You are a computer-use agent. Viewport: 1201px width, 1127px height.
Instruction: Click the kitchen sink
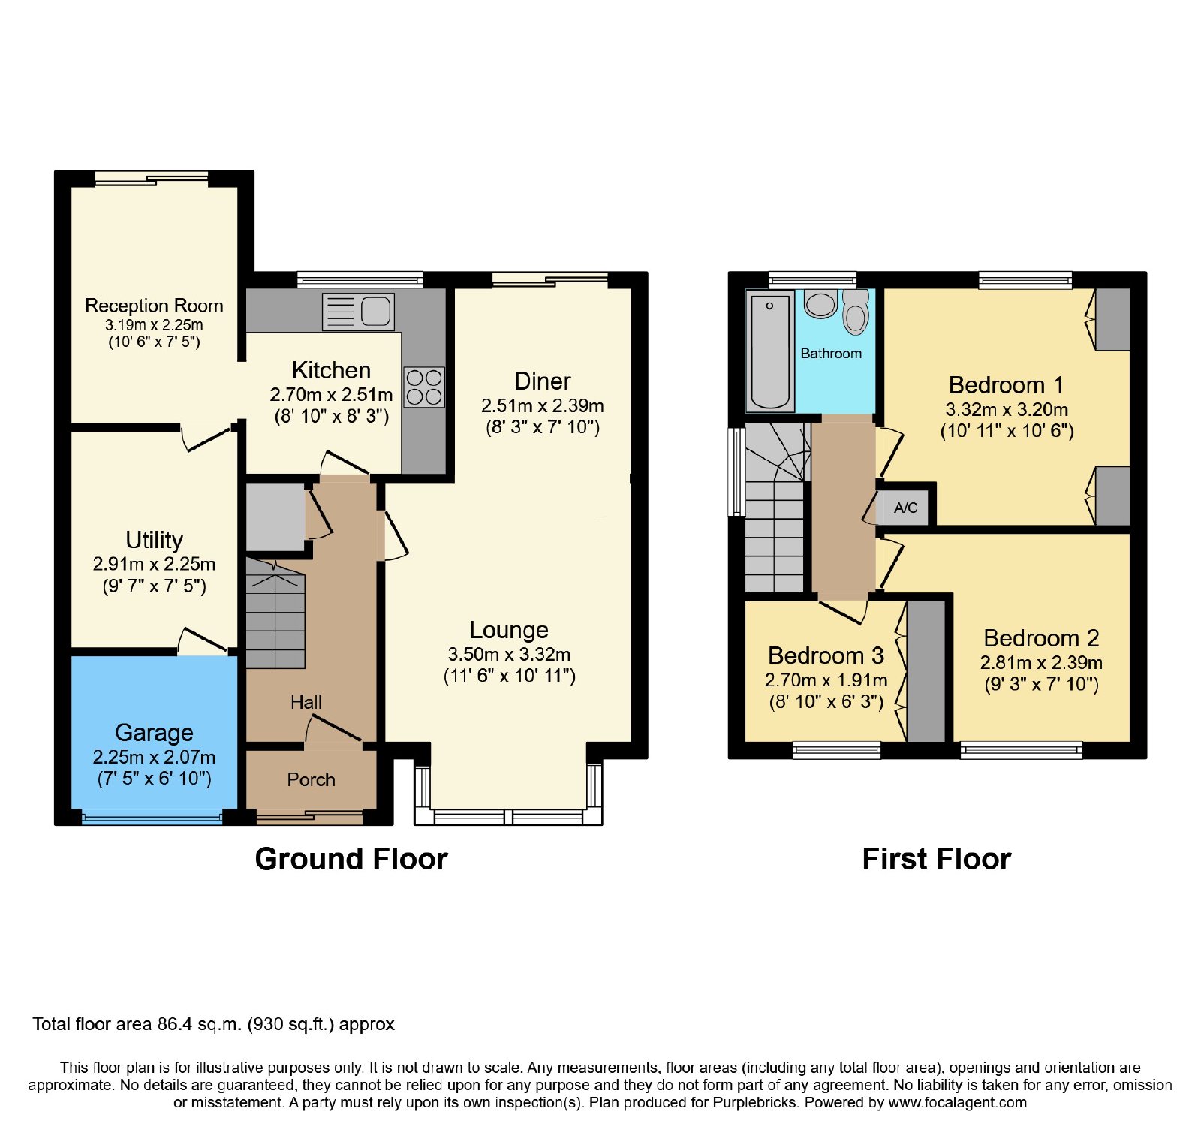click(358, 312)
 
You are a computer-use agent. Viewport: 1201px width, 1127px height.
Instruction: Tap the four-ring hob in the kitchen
click(424, 387)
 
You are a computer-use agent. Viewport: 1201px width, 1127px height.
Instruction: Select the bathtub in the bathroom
click(770, 351)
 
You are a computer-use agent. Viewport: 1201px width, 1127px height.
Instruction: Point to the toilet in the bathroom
click(856, 312)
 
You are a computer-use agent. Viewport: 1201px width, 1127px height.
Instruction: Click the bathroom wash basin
click(821, 303)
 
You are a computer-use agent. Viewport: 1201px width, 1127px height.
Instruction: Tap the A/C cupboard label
click(906, 508)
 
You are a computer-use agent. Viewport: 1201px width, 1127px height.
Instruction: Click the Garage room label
click(154, 732)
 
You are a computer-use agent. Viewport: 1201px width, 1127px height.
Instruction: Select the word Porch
click(311, 779)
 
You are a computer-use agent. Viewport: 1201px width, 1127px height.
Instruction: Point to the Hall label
click(306, 702)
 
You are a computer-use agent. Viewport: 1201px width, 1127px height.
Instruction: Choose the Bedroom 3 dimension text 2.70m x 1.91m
click(826, 680)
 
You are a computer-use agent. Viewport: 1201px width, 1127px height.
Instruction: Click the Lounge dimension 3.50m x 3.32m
click(509, 654)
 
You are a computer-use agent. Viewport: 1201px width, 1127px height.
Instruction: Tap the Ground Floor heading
click(351, 859)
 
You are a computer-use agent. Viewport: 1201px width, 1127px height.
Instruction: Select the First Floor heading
click(937, 859)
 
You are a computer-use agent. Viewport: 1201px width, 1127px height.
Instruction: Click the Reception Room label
click(154, 306)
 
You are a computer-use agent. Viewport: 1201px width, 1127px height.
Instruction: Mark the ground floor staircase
click(275, 613)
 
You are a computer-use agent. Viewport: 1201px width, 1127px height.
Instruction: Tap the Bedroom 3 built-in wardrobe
click(926, 671)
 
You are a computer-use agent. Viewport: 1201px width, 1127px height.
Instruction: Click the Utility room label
click(154, 540)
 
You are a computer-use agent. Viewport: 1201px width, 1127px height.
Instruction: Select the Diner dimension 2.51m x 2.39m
click(543, 405)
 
